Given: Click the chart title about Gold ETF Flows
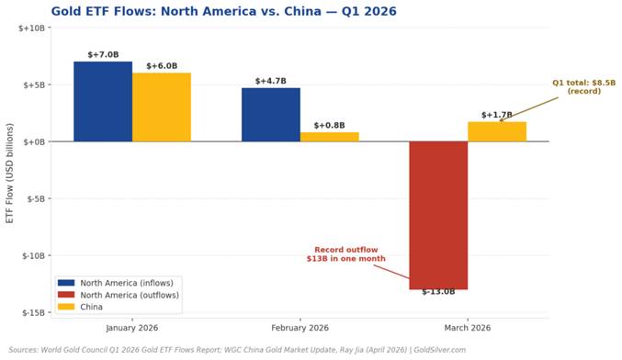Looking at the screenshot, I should click(x=210, y=12).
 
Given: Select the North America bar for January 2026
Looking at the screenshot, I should click(x=103, y=101).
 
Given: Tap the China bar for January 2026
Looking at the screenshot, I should click(x=161, y=107).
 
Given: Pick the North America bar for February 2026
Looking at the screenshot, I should click(x=270, y=114).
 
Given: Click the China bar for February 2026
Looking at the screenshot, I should click(x=329, y=137).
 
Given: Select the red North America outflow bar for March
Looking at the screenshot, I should click(x=438, y=215).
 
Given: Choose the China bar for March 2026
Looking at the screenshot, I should click(x=496, y=131).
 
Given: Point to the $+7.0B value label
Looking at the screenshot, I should click(x=103, y=55).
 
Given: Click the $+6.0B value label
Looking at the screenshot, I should click(x=161, y=66).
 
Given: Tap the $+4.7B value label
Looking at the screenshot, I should click(x=270, y=81).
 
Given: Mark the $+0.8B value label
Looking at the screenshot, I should click(x=329, y=126).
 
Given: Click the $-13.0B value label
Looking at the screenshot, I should click(x=438, y=292).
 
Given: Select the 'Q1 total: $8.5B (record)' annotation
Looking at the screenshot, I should click(x=583, y=87).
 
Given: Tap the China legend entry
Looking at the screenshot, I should click(x=91, y=307).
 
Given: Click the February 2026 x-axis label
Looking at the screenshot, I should click(x=300, y=328).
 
